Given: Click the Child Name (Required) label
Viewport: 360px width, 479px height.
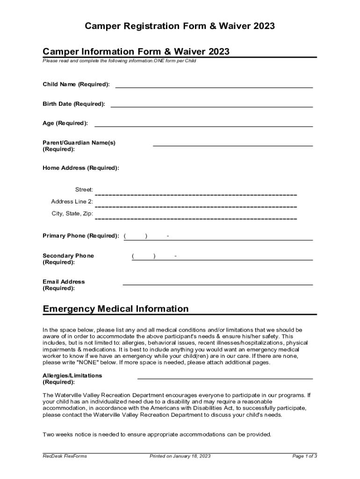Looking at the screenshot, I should (x=76, y=84).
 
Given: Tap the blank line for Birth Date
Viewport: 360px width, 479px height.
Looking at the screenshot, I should (x=211, y=107).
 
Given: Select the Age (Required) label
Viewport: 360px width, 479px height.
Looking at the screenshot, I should (x=65, y=123).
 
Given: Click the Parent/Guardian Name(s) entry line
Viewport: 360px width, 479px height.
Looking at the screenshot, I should (x=232, y=145).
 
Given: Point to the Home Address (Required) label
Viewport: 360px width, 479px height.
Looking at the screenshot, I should (x=81, y=167).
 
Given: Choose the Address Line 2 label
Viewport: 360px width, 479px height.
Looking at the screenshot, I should (x=72, y=202).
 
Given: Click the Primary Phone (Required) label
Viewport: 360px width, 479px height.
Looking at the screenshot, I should (x=81, y=236).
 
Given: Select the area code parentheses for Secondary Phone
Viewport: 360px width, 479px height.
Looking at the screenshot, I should (x=144, y=256).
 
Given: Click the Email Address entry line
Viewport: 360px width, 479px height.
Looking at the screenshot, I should (x=217, y=284).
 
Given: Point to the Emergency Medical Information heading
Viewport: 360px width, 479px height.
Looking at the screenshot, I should (x=116, y=309).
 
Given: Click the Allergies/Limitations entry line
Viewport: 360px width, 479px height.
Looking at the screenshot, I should (x=225, y=378).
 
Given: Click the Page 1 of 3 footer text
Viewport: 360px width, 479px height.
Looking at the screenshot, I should (x=304, y=456).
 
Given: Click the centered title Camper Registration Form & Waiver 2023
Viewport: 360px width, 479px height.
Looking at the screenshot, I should (x=180, y=27).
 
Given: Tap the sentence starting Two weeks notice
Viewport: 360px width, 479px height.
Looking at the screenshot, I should (x=157, y=435).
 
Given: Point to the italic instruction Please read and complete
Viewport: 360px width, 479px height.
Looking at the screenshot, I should (x=119, y=61).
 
